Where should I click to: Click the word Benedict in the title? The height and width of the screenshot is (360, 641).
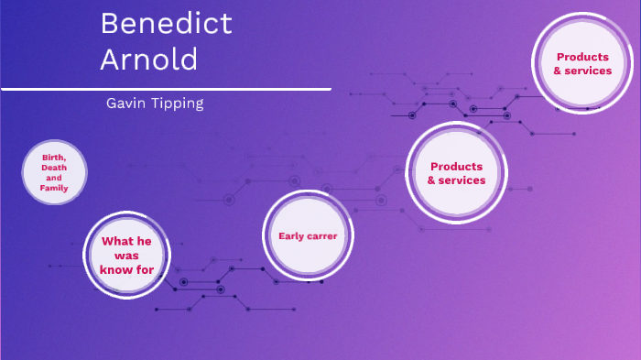(x=166, y=23)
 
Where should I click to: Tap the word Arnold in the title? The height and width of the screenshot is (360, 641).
(x=148, y=60)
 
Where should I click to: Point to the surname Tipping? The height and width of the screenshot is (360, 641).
(x=177, y=104)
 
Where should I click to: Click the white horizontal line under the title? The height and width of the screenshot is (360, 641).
(x=165, y=89)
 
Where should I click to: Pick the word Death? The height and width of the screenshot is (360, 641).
(x=54, y=167)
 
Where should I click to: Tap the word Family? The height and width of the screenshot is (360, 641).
(x=54, y=188)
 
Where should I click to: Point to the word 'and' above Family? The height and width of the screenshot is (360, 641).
(x=54, y=178)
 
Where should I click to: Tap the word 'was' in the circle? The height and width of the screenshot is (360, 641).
(x=127, y=256)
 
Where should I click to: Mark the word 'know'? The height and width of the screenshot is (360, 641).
(x=116, y=269)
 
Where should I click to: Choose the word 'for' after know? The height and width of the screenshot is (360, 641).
(x=145, y=269)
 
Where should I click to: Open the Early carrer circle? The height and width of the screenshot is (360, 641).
(x=308, y=235)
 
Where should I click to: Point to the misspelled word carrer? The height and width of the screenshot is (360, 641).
(x=323, y=235)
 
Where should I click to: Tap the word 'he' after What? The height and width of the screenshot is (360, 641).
(x=145, y=241)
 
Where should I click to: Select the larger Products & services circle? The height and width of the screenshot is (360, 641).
(x=456, y=173)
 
